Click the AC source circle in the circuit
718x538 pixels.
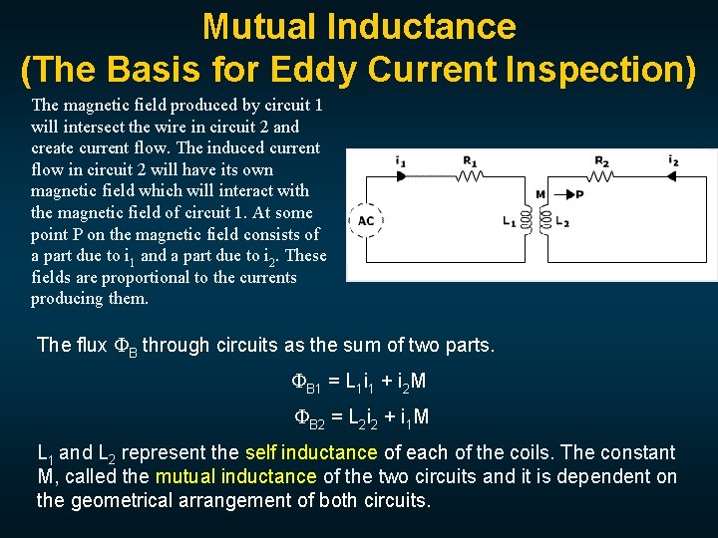(366, 220)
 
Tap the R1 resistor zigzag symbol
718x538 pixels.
(469, 175)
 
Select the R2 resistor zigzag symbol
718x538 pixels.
(601, 175)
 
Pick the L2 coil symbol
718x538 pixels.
(547, 221)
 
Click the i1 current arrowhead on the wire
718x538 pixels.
(402, 175)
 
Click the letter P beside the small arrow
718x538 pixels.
(579, 194)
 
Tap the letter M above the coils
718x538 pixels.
(540, 194)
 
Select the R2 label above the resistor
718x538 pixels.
(601, 160)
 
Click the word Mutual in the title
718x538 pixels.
(261, 26)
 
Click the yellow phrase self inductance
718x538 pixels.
(305, 452)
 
